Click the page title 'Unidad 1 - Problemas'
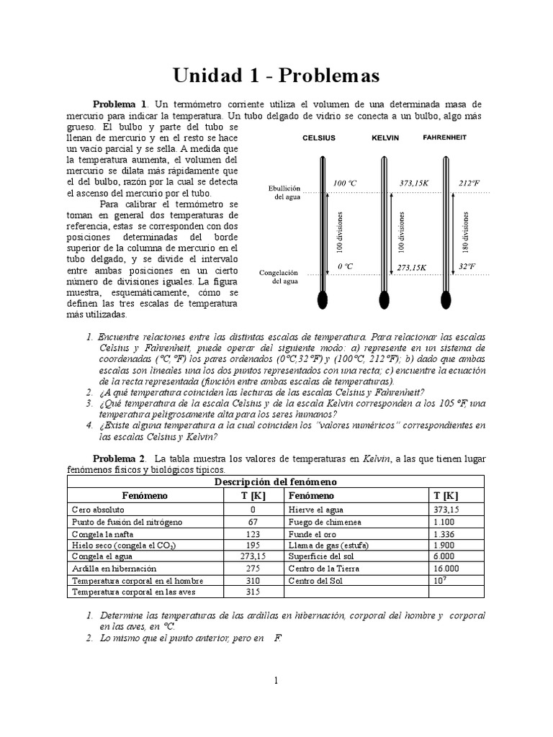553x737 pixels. click(276, 75)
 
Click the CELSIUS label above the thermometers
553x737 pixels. click(318, 137)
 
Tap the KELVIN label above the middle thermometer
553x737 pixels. click(385, 137)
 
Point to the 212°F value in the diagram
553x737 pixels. click(469, 184)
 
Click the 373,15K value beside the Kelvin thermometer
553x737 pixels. click(414, 184)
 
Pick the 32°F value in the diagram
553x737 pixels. click(468, 266)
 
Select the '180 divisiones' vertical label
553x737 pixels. click(466, 231)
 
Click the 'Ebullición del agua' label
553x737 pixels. click(279, 192)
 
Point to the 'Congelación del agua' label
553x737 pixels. click(279, 277)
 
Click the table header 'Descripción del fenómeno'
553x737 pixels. click(276, 481)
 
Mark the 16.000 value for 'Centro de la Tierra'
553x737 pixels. click(446, 569)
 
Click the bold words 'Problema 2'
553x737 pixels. click(120, 458)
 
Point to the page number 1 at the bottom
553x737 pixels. click(276, 681)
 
